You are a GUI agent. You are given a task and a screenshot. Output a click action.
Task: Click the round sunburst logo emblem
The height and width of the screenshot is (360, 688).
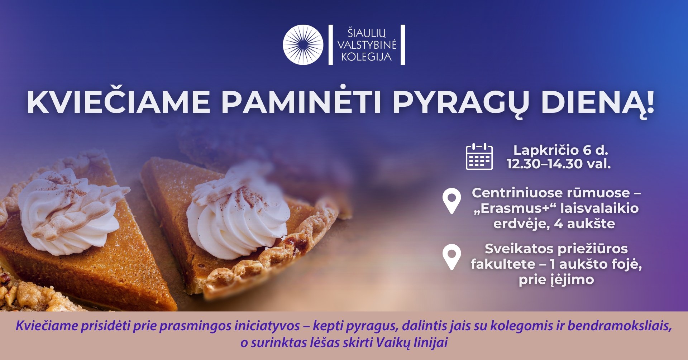(x=303, y=45)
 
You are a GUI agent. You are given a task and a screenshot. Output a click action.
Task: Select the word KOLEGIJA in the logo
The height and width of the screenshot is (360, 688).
(x=366, y=57)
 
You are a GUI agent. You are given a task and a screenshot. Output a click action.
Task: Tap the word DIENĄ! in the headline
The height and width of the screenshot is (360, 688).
(x=598, y=103)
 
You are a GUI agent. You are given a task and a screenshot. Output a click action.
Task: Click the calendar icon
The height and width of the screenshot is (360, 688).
(x=479, y=157)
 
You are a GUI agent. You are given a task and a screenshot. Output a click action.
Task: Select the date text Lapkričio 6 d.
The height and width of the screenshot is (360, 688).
(x=560, y=150)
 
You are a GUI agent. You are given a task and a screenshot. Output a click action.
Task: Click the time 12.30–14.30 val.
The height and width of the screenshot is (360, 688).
(x=559, y=164)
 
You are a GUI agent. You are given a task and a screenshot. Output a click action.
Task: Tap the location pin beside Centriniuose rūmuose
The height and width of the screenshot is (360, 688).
(x=451, y=201)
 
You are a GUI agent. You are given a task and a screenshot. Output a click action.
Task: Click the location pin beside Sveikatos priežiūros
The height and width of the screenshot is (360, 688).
(x=451, y=257)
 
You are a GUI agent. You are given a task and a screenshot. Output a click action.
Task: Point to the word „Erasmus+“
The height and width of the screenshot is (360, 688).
(x=515, y=208)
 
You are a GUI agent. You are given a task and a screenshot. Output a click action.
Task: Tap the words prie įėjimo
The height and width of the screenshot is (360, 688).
(x=556, y=280)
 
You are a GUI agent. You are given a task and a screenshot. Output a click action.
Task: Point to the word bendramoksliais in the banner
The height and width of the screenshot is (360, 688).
(x=620, y=326)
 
